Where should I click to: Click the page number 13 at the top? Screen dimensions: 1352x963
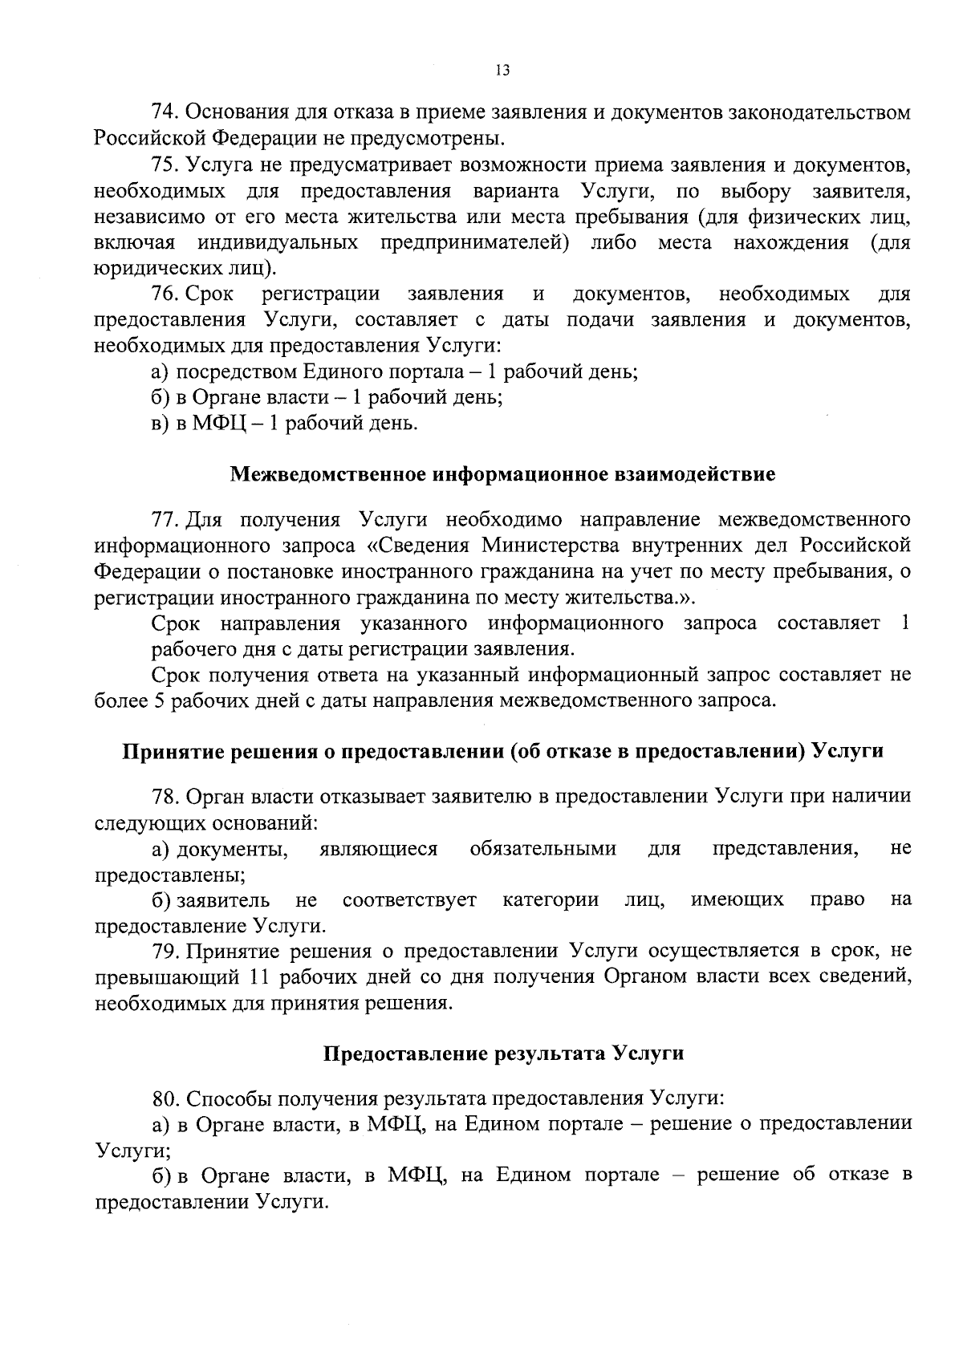coord(502,70)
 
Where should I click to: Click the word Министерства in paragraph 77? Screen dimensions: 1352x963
coord(555,546)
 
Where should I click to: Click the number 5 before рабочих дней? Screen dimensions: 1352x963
coord(156,700)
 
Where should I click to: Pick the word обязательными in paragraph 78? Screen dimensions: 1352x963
coord(543,849)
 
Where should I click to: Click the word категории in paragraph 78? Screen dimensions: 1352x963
coord(551,900)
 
